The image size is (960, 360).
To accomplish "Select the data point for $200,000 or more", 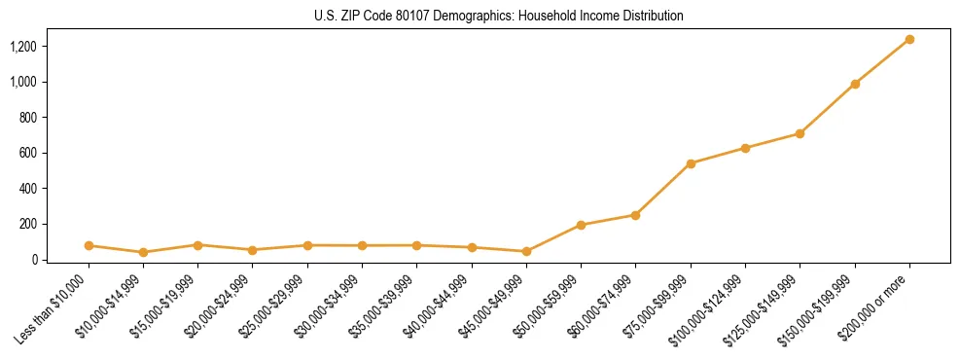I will [x=909, y=39].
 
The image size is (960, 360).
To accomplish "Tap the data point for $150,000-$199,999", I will [x=855, y=84].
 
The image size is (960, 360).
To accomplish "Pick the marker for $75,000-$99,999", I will [x=691, y=163].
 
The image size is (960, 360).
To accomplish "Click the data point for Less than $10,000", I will [x=89, y=245].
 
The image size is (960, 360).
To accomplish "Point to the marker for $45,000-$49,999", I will [x=526, y=251].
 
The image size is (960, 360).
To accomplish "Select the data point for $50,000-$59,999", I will [x=581, y=225].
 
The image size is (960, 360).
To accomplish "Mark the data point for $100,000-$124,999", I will [x=745, y=148].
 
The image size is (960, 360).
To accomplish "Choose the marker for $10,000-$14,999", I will [x=143, y=252].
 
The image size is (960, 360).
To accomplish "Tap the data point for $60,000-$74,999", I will [x=635, y=215].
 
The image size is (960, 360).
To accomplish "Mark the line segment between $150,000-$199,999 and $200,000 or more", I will [x=882, y=61].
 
